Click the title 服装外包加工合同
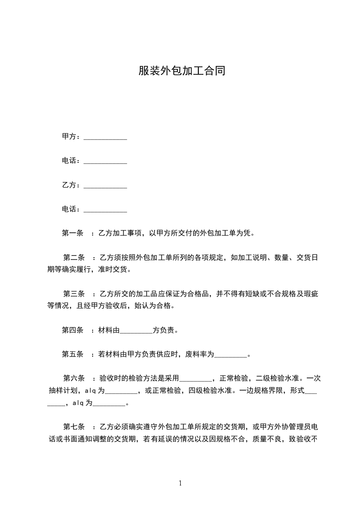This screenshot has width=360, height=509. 182,72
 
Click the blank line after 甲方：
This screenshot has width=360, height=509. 105,137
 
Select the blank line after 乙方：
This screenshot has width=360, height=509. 105,186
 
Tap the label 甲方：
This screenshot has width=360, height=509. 71,137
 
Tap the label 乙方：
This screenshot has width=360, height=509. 71,185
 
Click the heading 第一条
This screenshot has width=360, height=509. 73,234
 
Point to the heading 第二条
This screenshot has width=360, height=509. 74,258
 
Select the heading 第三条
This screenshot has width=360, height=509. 74,294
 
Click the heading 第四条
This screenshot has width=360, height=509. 73,330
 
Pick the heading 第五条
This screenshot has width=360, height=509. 73,354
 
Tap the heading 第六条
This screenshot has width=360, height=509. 74,378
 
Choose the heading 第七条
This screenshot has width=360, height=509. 74,427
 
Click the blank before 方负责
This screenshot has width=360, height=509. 136,331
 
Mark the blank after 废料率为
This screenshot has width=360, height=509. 230,355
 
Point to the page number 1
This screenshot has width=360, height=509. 180,484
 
